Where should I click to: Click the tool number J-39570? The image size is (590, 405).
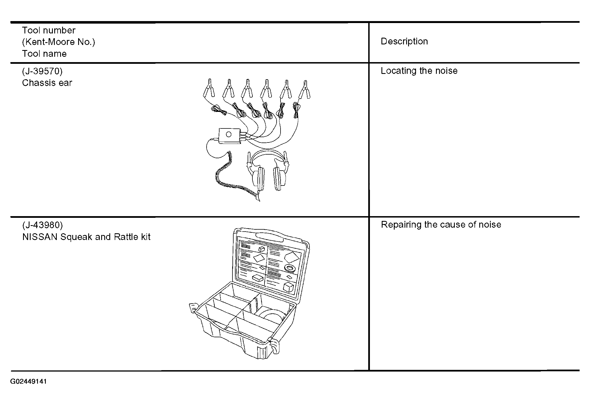click(42, 71)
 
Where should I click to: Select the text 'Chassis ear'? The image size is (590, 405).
click(47, 83)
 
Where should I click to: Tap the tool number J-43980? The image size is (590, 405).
click(42, 225)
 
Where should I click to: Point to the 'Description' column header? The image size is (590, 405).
click(404, 41)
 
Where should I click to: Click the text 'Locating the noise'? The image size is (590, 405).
click(419, 71)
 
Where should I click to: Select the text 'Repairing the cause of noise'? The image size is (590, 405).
click(441, 225)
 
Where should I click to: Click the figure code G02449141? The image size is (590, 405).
click(28, 381)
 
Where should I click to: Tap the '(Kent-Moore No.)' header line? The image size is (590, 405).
click(58, 42)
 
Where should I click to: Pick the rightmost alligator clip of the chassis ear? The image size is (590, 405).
click(304, 89)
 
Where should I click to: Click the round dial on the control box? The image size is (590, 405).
click(229, 134)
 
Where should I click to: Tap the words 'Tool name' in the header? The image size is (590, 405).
click(44, 54)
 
